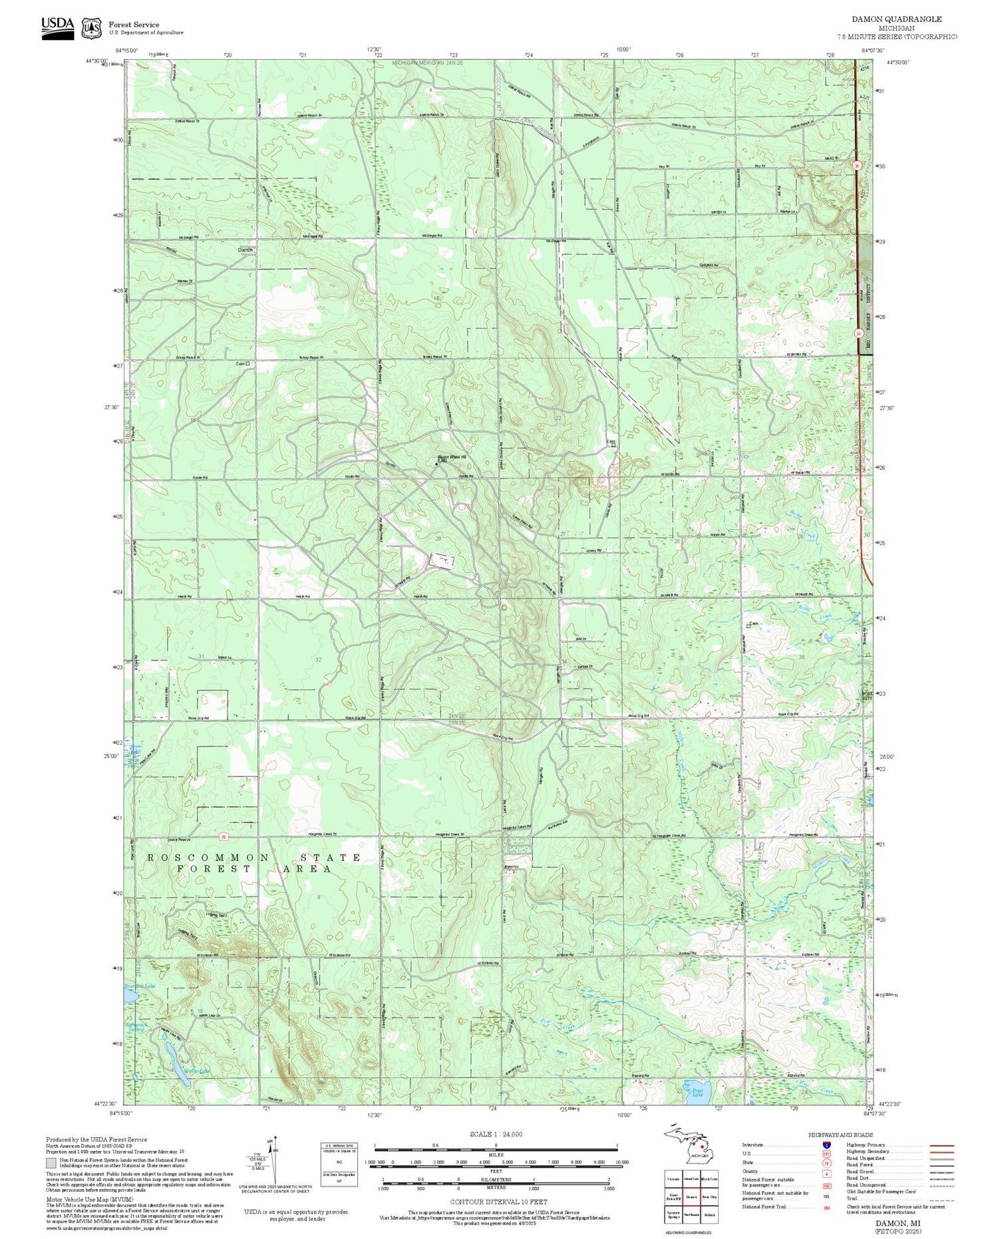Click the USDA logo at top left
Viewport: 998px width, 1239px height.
(57, 27)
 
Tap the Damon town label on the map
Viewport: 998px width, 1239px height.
(246, 250)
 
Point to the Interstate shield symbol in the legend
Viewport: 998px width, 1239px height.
(827, 1145)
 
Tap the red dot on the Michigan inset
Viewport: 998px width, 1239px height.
(703, 1147)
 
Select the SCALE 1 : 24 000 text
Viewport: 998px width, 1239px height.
(496, 1134)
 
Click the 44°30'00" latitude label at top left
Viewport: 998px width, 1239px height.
(97, 61)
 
